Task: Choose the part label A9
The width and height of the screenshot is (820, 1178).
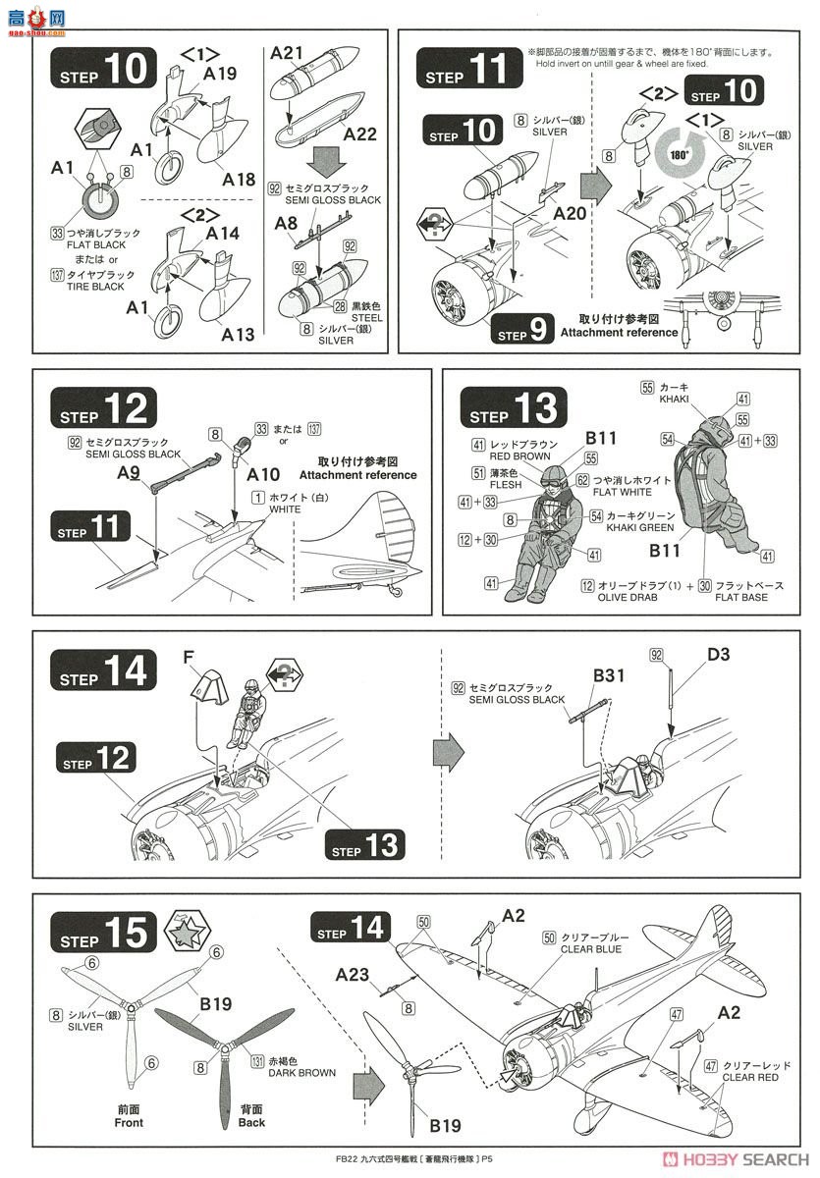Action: [130, 472]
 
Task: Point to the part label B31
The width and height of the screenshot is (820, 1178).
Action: [609, 675]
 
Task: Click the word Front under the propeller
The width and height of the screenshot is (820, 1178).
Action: [129, 1122]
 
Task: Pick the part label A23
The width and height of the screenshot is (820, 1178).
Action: [352, 975]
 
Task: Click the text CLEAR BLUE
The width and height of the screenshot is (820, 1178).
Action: [590, 949]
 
